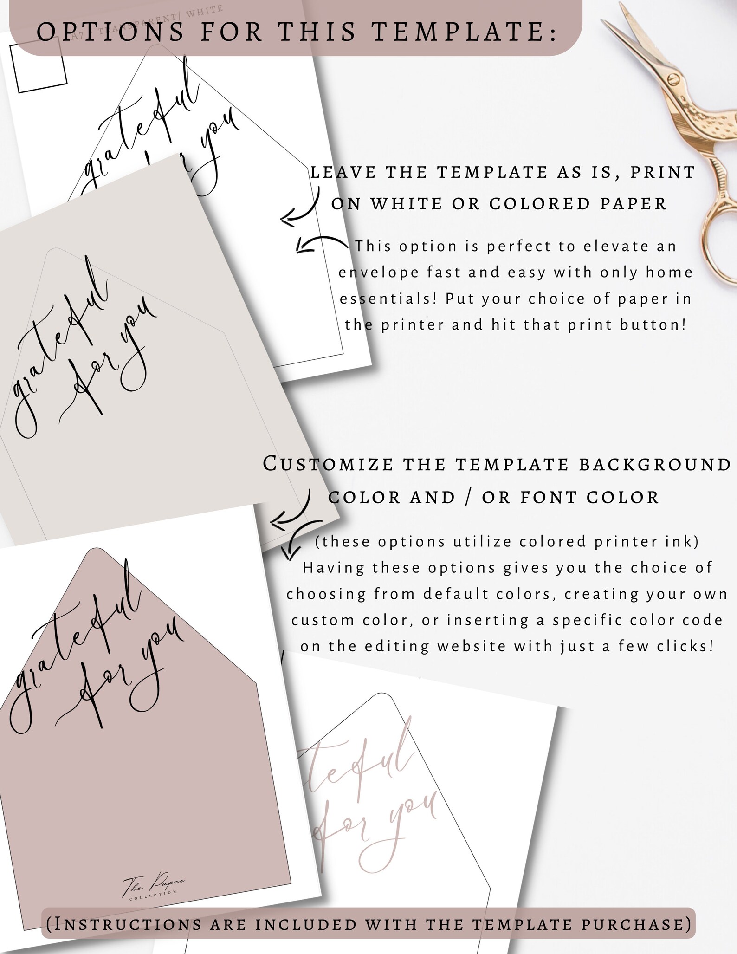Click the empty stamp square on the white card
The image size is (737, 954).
39,65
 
